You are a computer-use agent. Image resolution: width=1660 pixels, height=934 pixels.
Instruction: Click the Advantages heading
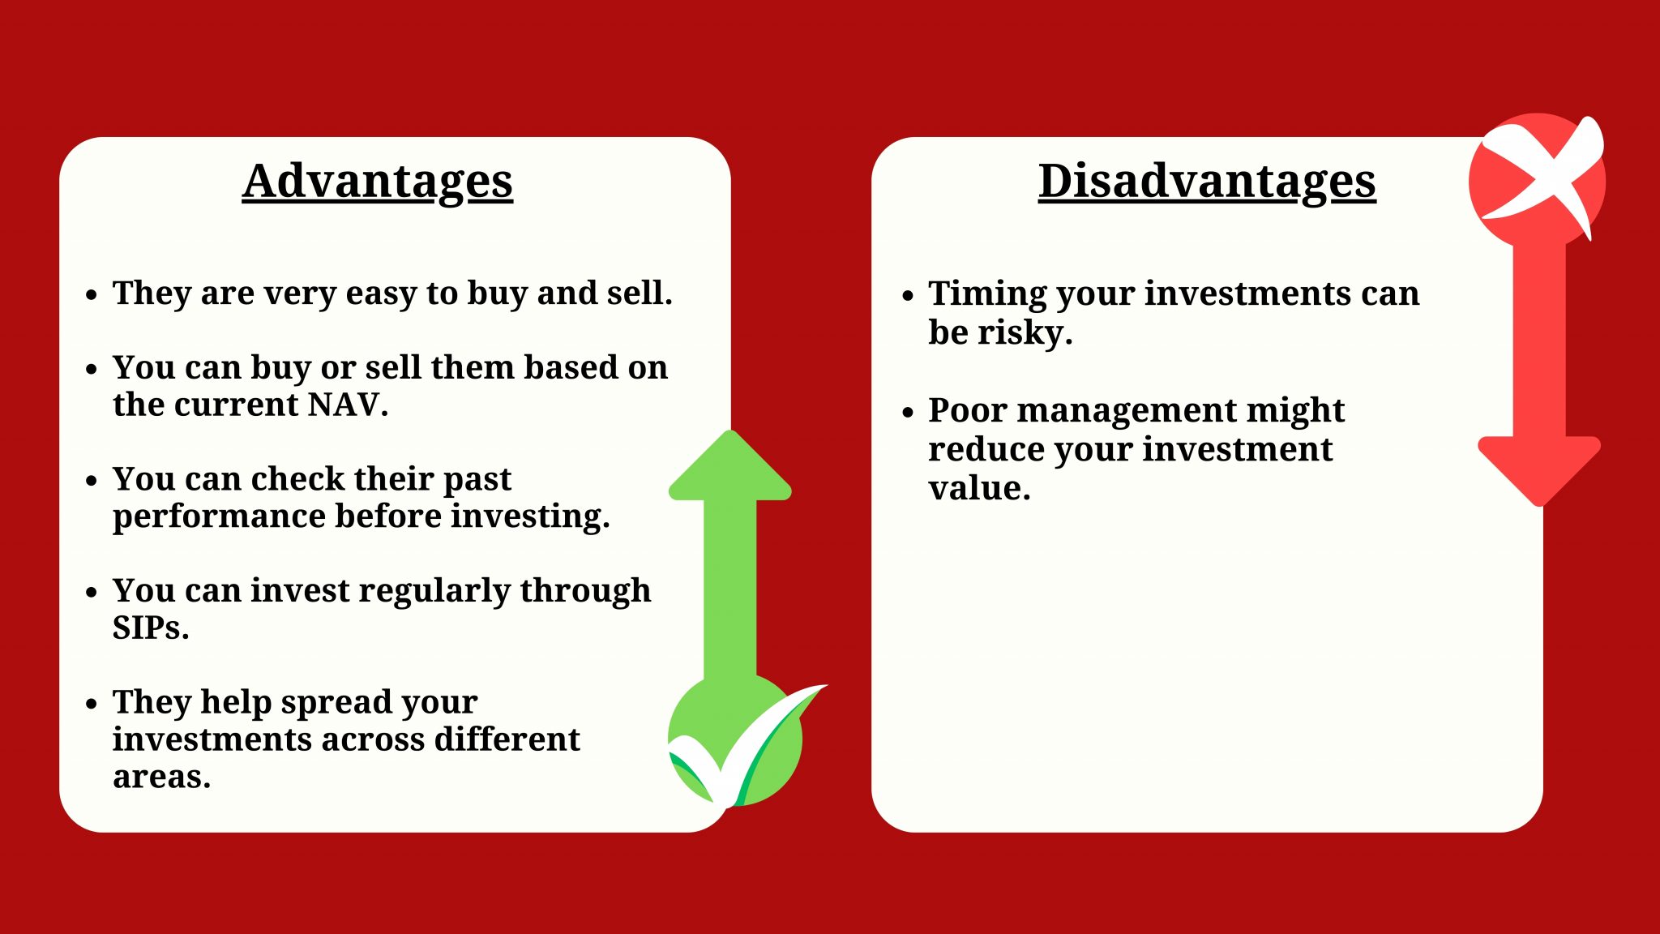(x=377, y=181)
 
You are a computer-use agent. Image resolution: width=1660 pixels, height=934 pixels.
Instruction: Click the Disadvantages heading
(x=1207, y=181)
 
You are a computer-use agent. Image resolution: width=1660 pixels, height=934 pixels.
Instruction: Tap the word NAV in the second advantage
(x=343, y=405)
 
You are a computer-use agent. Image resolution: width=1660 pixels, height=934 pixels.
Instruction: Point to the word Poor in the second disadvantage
(x=968, y=410)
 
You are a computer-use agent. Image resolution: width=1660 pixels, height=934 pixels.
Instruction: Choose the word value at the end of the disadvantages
(x=978, y=488)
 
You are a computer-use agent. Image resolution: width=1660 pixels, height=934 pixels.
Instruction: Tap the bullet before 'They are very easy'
(x=92, y=294)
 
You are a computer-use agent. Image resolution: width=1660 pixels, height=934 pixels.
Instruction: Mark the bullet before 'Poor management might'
(x=908, y=412)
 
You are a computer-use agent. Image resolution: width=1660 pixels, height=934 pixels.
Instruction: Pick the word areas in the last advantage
(x=160, y=777)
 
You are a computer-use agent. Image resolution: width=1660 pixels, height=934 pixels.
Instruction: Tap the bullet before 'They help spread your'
(x=92, y=703)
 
